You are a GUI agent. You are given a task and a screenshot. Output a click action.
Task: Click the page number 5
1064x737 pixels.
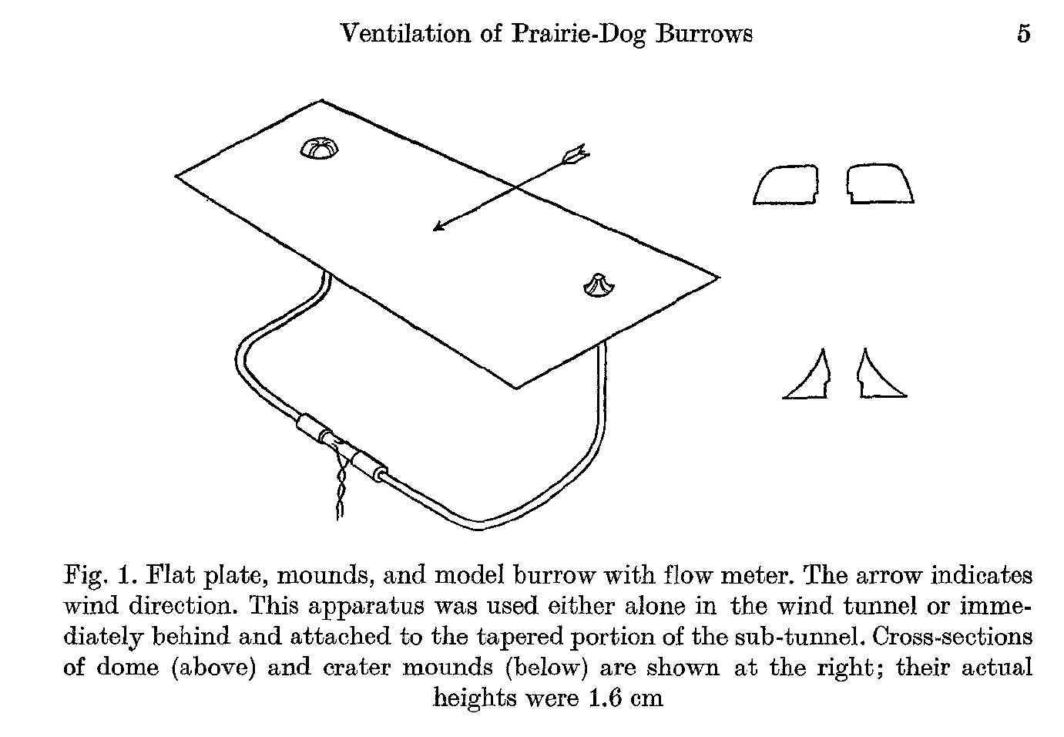1024,34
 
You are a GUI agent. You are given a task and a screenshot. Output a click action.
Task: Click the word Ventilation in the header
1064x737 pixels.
406,34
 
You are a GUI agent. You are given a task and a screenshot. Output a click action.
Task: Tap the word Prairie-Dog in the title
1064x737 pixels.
578,35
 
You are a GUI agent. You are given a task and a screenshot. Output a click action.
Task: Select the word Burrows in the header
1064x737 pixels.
704,34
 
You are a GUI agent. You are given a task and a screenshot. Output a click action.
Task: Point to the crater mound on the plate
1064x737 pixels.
599,286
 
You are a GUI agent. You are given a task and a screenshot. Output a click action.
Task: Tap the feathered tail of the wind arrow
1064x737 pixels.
576,155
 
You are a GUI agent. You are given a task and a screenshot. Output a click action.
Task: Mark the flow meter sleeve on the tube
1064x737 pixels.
341,447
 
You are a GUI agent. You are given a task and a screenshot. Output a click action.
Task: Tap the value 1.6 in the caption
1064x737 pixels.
605,698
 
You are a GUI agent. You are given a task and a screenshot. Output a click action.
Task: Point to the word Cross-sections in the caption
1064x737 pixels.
952,636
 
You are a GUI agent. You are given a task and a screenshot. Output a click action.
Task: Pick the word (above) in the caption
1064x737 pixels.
213,667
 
